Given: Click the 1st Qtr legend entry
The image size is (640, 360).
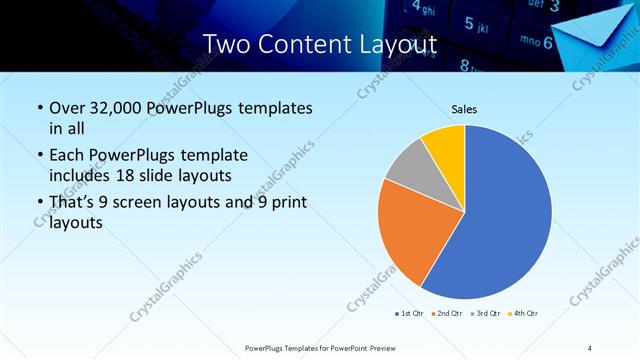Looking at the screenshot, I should (x=408, y=314).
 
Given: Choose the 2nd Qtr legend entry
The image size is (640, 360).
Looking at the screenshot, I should (x=445, y=314).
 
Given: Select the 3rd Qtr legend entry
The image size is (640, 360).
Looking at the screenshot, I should (x=484, y=314).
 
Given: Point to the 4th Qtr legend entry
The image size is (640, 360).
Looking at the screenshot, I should (x=523, y=314).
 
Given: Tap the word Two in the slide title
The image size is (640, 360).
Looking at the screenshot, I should (x=224, y=45).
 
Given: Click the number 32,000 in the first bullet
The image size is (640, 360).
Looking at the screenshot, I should (x=117, y=108).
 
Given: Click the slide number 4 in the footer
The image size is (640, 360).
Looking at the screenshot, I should (x=589, y=347).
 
